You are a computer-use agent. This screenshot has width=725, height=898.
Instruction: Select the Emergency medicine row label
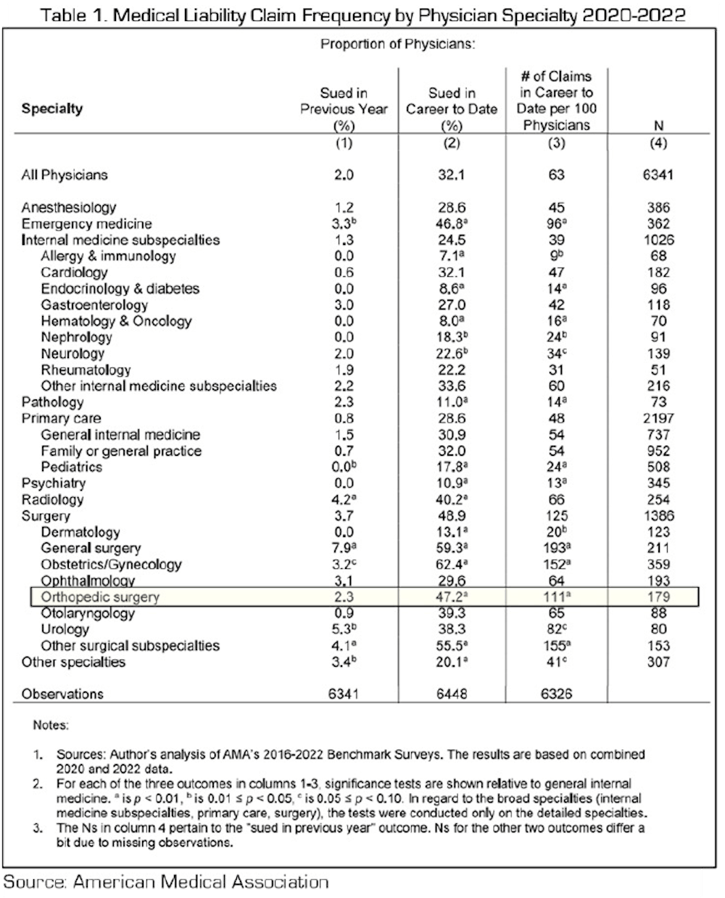tap(86, 224)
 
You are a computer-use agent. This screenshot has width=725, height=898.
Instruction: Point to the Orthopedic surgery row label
tap(99, 597)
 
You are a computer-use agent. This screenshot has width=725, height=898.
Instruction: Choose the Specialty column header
tap(52, 109)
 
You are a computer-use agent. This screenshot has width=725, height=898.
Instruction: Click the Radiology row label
tap(52, 500)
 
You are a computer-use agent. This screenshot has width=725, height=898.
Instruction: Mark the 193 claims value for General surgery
tap(555, 549)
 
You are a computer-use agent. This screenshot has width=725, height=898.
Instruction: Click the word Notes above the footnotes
tap(51, 725)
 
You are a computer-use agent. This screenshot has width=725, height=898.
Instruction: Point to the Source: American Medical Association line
tap(166, 882)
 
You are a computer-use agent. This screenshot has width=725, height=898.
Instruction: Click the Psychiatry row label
tap(54, 483)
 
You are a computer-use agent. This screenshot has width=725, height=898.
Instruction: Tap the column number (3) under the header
tap(555, 143)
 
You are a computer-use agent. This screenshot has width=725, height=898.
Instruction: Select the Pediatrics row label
tap(71, 467)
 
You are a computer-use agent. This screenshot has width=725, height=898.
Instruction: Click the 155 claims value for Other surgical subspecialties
tap(555, 646)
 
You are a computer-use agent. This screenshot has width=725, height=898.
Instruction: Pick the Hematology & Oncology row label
tap(116, 321)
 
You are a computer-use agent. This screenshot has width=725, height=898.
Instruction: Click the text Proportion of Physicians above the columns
tap(397, 44)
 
